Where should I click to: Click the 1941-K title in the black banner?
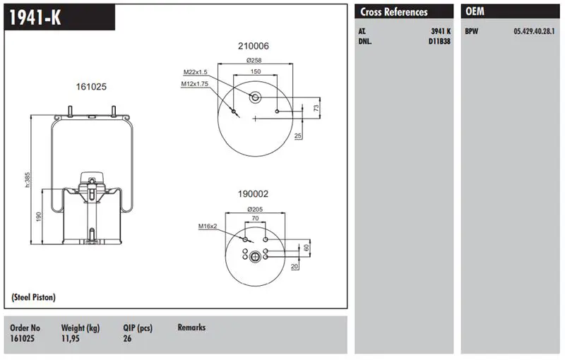[x=33, y=18]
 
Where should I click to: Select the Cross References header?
[x=393, y=12]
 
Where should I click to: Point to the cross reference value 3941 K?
[x=440, y=32]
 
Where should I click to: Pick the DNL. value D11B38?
[x=439, y=41]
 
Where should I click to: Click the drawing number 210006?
[x=253, y=46]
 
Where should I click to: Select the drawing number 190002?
[x=253, y=193]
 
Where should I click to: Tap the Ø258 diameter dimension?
[x=254, y=61]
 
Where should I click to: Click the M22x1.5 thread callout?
[x=196, y=72]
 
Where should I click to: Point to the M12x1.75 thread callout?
[x=196, y=84]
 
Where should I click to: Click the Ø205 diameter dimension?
[x=254, y=209]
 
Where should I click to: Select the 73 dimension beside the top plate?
[x=316, y=107]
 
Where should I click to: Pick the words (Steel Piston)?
[x=34, y=297]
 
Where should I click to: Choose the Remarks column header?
[x=191, y=328]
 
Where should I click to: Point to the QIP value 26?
[x=127, y=339]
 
